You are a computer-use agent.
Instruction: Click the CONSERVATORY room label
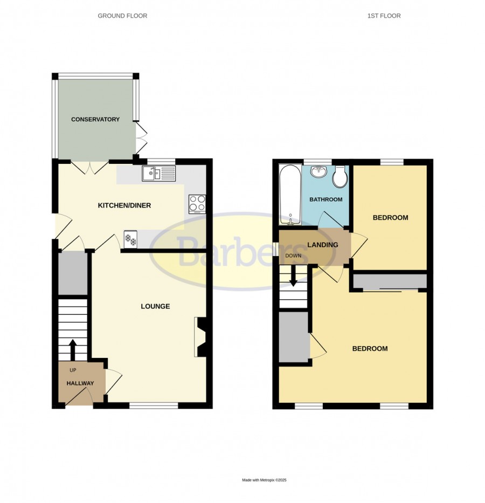(x=95, y=119)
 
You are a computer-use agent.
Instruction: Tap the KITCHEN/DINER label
(x=124, y=205)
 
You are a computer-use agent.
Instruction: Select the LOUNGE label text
(x=155, y=306)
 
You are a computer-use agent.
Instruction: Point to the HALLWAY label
(x=80, y=383)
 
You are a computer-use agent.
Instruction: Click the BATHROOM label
(x=325, y=199)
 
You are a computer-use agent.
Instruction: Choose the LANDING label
(x=322, y=245)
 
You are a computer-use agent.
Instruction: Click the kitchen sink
(x=159, y=174)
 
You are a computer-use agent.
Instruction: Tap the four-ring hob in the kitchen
(x=197, y=204)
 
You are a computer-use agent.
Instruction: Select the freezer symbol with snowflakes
(x=130, y=239)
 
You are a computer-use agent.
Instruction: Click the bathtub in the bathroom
(x=290, y=195)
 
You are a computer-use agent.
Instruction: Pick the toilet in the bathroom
(x=339, y=176)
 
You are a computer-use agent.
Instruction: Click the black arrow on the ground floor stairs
(x=73, y=350)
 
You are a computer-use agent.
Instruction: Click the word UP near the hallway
(x=73, y=370)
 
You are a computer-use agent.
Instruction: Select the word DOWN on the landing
(x=293, y=256)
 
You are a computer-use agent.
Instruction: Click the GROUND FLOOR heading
(x=122, y=16)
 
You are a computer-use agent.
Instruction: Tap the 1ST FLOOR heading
(x=384, y=16)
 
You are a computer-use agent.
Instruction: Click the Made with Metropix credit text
(x=264, y=480)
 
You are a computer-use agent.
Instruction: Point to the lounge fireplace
(x=200, y=337)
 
